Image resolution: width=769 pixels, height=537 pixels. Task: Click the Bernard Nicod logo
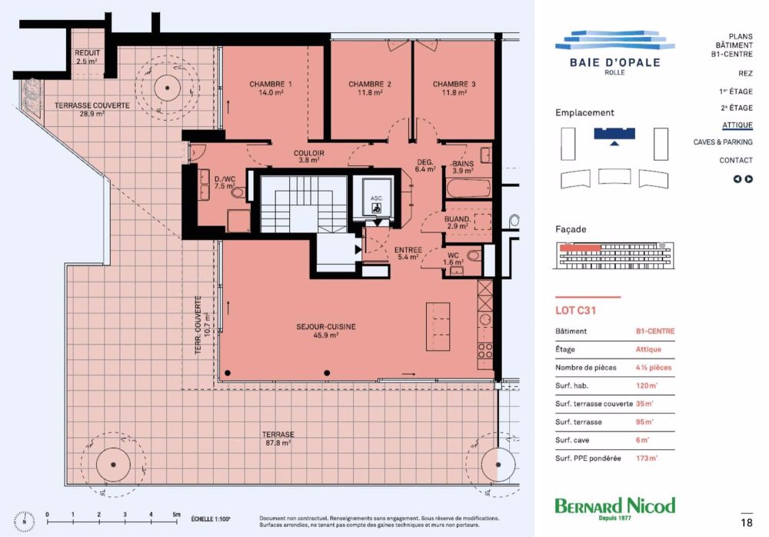coord(614,506)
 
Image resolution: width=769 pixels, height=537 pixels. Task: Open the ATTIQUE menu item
coord(737,125)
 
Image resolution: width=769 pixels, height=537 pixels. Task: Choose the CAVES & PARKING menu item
coord(722,142)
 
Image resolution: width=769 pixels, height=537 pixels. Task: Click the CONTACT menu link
coord(735,160)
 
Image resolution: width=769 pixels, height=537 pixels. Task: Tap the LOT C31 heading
coord(576,312)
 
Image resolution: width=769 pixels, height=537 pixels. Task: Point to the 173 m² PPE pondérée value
coord(647,459)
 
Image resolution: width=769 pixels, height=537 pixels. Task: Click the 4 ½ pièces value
coord(653,368)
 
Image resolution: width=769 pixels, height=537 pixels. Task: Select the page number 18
coord(745,523)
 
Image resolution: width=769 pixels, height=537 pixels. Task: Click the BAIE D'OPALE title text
coord(614,62)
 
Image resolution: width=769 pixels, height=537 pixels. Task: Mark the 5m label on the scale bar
coord(177,514)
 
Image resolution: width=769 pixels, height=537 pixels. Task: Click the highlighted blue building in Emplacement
coord(614,133)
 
